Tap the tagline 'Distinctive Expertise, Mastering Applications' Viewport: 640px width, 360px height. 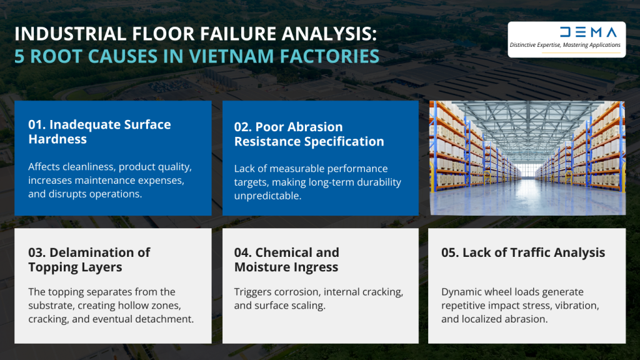coord(565,45)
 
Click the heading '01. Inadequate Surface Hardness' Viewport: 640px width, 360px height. coord(99,131)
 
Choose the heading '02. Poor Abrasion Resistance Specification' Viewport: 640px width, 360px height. coord(309,134)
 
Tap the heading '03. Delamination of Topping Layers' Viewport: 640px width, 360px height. coord(89,259)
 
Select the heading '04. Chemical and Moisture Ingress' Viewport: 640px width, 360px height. coord(287,259)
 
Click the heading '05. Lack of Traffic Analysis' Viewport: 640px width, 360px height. coord(523,252)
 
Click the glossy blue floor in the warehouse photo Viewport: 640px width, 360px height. coord(527,200)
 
